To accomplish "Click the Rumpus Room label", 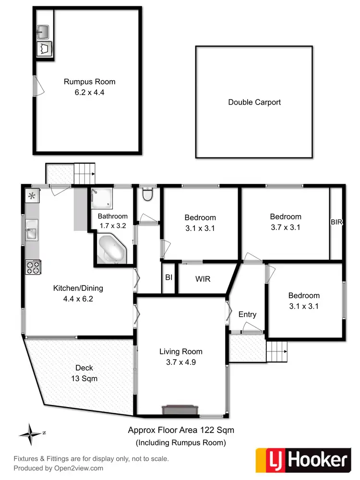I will [x=90, y=82].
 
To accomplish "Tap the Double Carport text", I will [x=254, y=102].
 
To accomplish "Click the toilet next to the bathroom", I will [x=148, y=194].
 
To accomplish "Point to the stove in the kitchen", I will [x=33, y=267].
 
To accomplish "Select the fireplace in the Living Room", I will [x=180, y=409].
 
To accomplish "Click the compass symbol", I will [x=31, y=433].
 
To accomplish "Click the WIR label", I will [x=203, y=278].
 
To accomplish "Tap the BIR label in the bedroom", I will [x=336, y=222].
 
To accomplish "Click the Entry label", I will [x=247, y=314].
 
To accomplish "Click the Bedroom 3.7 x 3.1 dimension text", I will [x=285, y=228].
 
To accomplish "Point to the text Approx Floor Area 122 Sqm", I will [x=181, y=430].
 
